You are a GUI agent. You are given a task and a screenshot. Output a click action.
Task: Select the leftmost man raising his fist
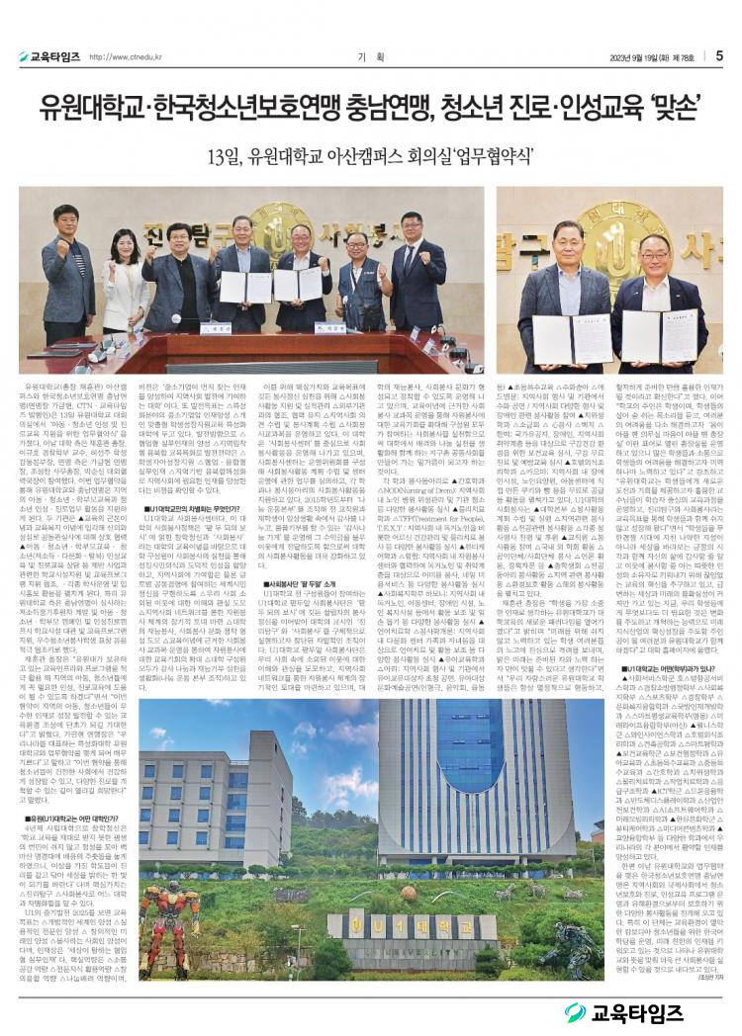[68, 277]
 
